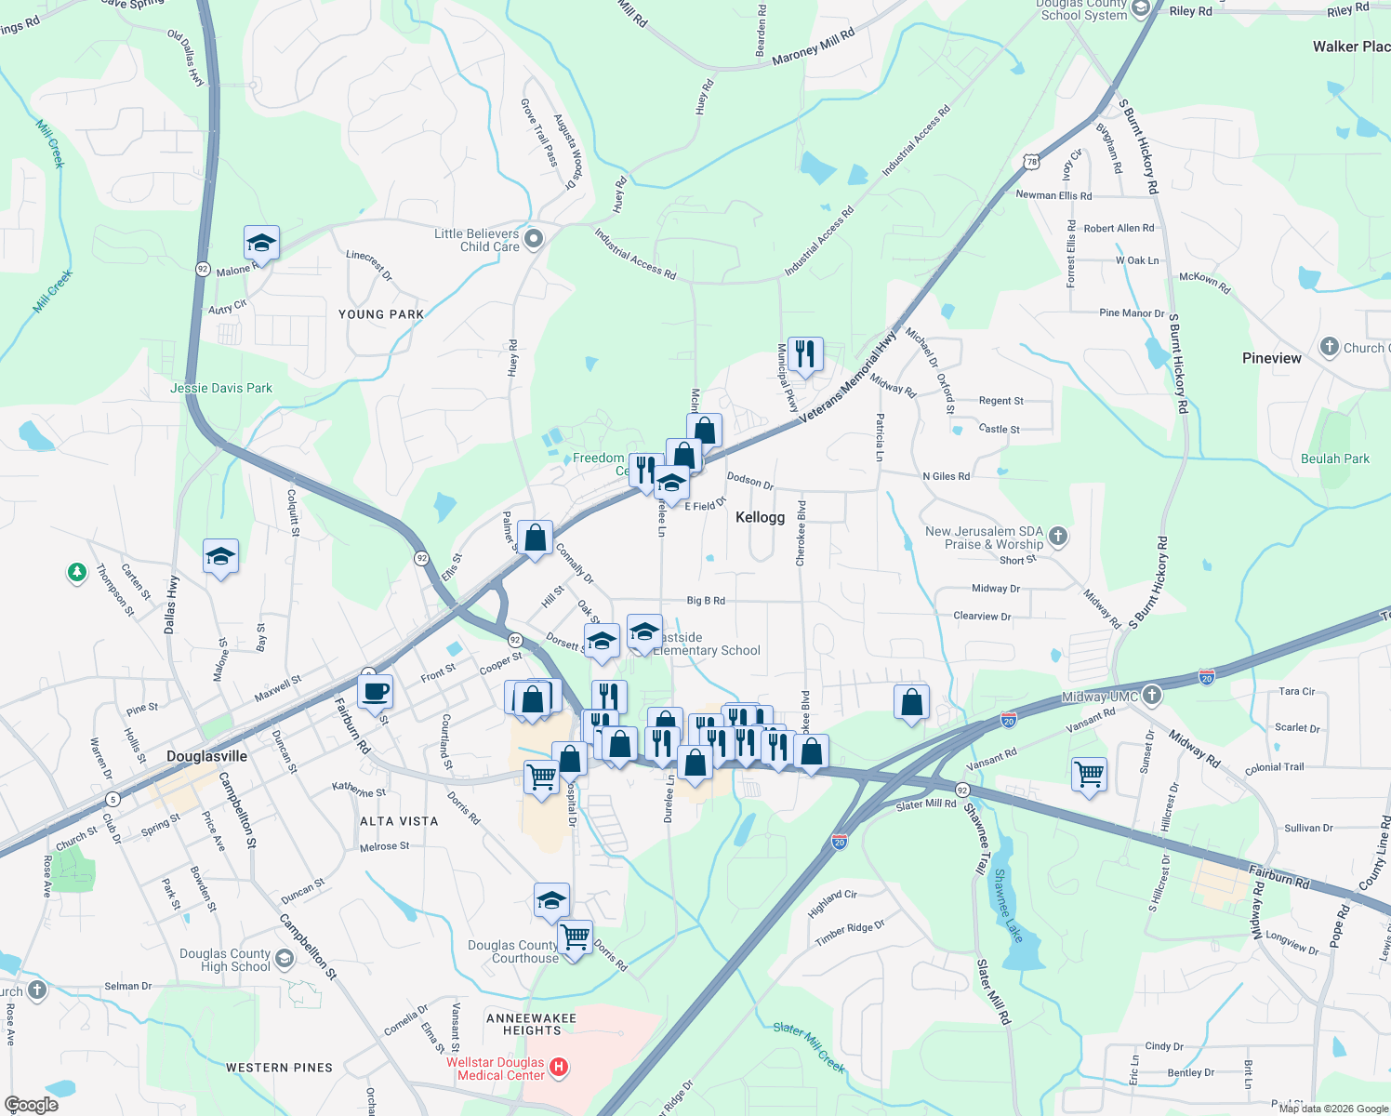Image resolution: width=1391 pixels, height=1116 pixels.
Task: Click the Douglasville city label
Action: [206, 756]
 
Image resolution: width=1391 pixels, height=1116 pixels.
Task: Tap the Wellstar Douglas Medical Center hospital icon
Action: [559, 1068]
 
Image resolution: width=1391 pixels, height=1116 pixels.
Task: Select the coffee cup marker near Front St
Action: [375, 692]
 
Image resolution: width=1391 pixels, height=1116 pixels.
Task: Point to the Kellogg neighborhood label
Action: [760, 517]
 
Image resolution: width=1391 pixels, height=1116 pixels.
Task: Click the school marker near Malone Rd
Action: [261, 244]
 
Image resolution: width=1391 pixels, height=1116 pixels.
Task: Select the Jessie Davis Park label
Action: [221, 388]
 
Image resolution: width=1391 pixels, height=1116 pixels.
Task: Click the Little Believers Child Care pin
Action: [534, 239]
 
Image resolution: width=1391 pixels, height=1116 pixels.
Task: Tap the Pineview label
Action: [1271, 358]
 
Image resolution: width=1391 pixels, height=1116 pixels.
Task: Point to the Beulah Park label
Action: [1334, 458]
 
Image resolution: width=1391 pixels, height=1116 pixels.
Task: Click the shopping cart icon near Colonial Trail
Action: [1089, 773]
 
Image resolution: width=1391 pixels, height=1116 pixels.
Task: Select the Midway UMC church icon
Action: [1152, 695]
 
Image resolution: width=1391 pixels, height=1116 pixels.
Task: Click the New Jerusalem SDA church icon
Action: [1057, 536]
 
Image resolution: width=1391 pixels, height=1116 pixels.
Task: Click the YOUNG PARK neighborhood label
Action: [380, 314]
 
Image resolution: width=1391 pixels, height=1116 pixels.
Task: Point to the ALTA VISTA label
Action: [399, 821]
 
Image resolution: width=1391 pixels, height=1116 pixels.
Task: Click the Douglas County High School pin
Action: [285, 960]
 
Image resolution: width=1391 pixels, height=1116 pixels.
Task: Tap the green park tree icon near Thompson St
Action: [77, 572]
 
